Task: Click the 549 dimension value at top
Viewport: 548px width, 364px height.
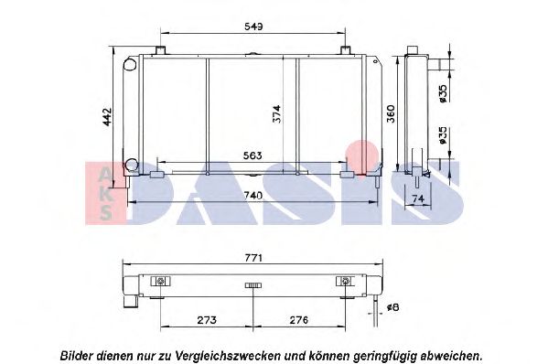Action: coord(254,28)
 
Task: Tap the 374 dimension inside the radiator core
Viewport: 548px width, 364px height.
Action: coord(274,112)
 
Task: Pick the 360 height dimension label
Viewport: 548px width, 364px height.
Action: coord(389,113)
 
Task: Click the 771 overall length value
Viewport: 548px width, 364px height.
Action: coord(254,258)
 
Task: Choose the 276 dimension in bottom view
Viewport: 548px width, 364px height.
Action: coord(300,321)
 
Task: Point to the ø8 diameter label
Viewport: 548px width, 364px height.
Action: coord(392,307)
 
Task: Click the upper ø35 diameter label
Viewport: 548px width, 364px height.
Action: coord(443,92)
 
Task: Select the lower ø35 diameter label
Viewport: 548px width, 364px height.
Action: coord(443,136)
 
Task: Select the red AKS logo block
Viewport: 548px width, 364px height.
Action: coord(106,192)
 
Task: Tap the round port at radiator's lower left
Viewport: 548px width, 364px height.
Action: coord(131,166)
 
